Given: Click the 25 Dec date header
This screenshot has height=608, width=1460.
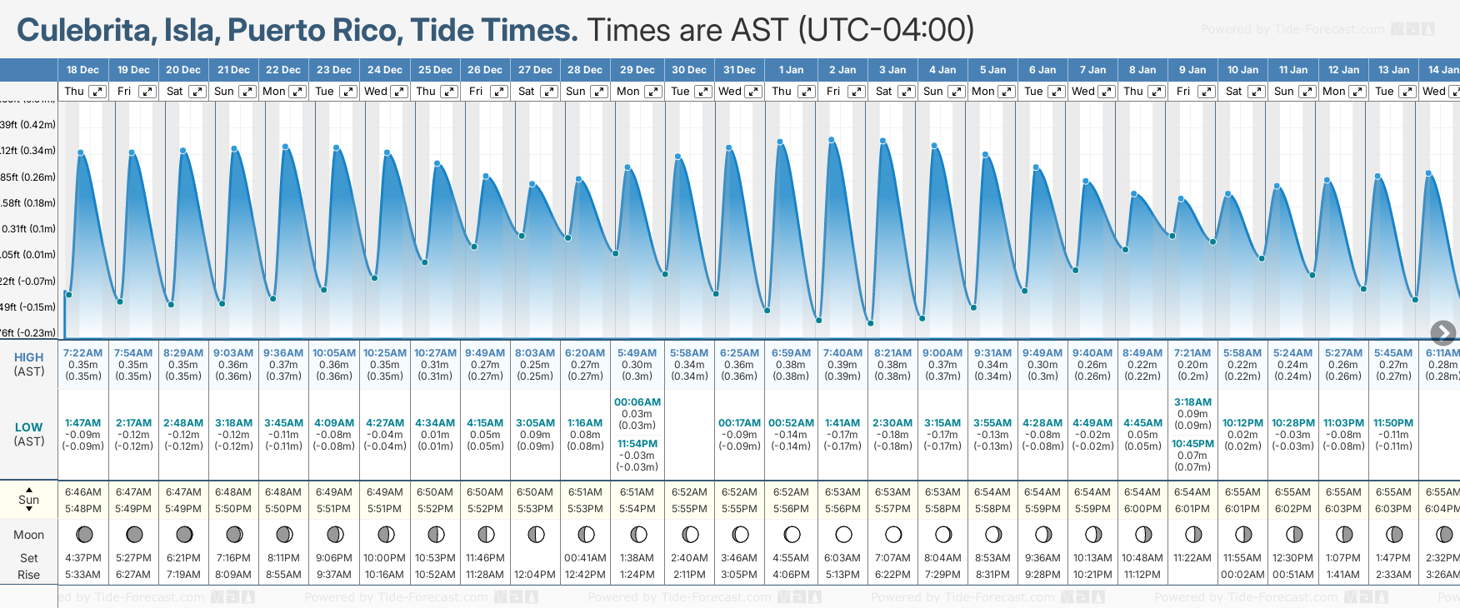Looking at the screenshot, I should pos(435,70).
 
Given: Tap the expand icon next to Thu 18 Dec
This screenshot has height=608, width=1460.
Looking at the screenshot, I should pos(97,92).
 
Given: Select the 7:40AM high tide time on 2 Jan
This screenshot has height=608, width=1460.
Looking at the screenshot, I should pos(842,353).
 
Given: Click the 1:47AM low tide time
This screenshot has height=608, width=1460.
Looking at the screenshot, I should pos(82,423).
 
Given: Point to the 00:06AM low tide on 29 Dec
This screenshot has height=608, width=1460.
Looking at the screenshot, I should pos(637,402).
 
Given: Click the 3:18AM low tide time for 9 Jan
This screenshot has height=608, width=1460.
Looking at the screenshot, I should pos(1192,402).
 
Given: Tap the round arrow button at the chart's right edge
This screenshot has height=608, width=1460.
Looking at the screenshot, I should pos(1442,333).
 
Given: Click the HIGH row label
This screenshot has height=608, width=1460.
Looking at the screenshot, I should pos(29,357).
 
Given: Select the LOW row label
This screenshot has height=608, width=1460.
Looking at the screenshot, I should pos(29,427).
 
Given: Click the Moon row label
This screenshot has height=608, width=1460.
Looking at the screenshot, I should pos(29,535).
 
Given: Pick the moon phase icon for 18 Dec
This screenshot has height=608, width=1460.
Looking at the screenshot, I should pos(84,534).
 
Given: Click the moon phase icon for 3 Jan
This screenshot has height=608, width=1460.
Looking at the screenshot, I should pos(893,534).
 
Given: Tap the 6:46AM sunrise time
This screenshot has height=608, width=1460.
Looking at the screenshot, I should pos(82,492).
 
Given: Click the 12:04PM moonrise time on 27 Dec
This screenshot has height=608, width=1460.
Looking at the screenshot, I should pos(535,574).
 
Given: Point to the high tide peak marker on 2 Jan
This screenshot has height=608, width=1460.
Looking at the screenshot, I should pos(832,139).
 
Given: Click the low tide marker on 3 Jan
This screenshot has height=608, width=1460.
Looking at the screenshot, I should pos(870,323).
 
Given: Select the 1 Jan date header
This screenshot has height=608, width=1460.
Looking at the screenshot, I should pos(791,70).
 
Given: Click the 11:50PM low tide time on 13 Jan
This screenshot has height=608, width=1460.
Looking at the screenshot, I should pos(1393,423).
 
